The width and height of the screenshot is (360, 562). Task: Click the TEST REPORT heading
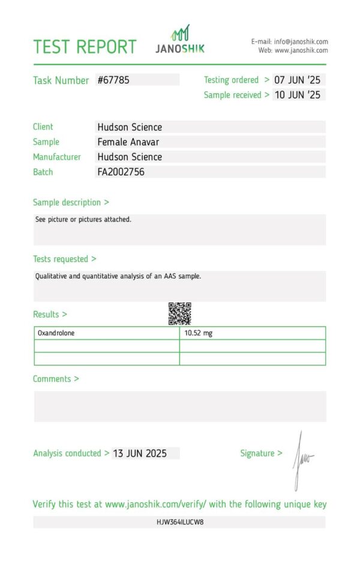tap(85, 47)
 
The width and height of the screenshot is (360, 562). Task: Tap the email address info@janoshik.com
tap(301, 41)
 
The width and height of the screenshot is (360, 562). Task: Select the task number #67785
tap(113, 80)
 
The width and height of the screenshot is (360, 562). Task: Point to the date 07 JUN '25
tap(298, 80)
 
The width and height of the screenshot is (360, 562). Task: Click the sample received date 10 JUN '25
tap(298, 95)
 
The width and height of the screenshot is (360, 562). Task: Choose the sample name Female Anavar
tap(128, 142)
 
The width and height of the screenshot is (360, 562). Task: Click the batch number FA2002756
tap(121, 172)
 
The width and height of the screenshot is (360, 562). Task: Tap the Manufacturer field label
tap(57, 157)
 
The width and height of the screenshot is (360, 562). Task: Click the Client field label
tap(43, 127)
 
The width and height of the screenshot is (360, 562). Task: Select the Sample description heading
tap(71, 203)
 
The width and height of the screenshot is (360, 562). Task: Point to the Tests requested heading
tap(64, 259)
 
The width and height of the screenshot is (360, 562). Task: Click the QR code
tap(179, 313)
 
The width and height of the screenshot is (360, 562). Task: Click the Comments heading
tap(56, 379)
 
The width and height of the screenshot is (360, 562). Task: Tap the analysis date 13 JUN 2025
tap(140, 453)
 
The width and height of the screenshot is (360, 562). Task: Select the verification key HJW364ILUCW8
tap(180, 522)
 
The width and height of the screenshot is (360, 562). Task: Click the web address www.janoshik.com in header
tap(301, 50)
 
